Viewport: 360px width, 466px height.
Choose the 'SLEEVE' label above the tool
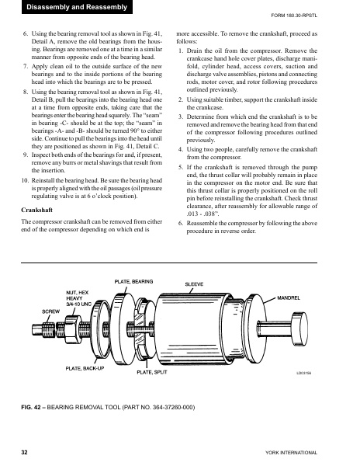click(x=193, y=284)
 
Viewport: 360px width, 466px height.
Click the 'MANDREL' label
click(x=292, y=298)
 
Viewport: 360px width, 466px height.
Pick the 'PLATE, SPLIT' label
click(x=152, y=373)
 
